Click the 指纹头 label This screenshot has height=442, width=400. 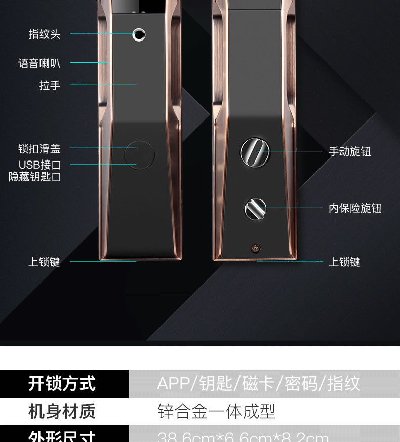tap(45, 34)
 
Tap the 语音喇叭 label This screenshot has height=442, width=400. tap(39, 63)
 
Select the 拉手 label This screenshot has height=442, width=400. tap(50, 85)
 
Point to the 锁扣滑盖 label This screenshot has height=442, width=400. tap(39, 149)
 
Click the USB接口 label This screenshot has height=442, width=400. tap(40, 165)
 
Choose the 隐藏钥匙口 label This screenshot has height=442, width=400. tap(35, 177)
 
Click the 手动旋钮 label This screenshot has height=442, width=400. tap(350, 151)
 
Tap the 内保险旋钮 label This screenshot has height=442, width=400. tap(355, 208)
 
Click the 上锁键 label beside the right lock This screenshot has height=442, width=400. tap(344, 262)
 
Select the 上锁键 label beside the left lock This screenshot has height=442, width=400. tap(44, 262)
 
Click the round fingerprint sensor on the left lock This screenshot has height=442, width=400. tap(139, 35)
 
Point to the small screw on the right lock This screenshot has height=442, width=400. tap(255, 248)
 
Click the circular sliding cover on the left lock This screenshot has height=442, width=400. tap(138, 155)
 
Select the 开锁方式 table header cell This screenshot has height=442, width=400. tap(62, 383)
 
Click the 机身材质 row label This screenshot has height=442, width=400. tap(62, 411)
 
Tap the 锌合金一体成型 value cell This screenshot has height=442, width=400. tap(216, 411)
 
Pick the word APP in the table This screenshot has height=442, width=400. tap(173, 383)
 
